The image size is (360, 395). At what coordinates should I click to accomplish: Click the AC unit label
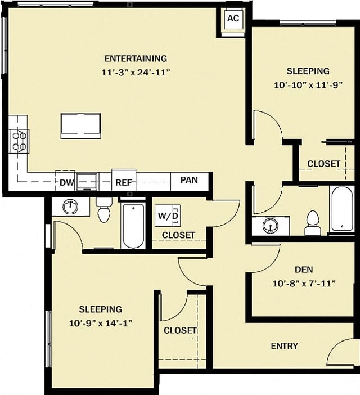coord(233,18)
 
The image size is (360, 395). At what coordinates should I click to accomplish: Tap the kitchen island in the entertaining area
coord(81,125)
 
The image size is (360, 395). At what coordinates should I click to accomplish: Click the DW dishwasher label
coord(66,182)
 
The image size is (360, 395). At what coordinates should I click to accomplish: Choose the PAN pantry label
coord(189,180)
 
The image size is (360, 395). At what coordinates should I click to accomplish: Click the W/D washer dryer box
coord(168,215)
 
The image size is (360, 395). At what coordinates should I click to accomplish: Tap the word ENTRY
coord(284,346)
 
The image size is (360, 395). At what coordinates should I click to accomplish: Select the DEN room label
coord(304,270)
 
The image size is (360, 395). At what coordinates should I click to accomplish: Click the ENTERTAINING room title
coord(136,58)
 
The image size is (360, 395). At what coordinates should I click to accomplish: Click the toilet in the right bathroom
coord(312,223)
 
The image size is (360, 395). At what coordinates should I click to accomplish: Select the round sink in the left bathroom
coord(70,207)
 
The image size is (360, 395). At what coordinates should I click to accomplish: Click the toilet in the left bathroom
coord(104,210)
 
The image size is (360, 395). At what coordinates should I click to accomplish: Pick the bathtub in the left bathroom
coord(133,226)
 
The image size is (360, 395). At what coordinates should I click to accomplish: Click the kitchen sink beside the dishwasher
coord(87,181)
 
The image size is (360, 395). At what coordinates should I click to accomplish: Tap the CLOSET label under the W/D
coord(178,235)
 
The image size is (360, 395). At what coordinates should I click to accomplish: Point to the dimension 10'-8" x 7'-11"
coord(304,283)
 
